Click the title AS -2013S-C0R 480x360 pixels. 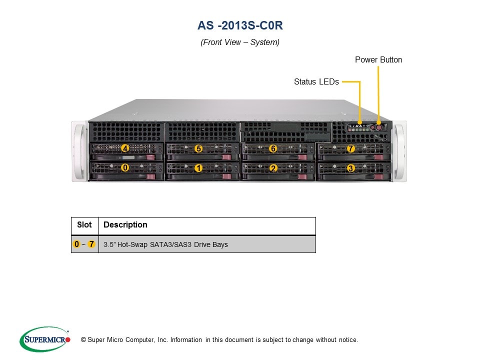(240, 25)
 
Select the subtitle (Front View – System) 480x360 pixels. (240, 42)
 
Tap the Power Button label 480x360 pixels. (378, 60)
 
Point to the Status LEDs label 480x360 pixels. (316, 81)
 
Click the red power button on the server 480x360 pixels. (378, 127)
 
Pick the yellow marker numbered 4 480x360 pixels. (125, 148)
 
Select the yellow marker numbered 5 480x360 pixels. (198, 148)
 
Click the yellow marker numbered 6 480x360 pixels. (273, 148)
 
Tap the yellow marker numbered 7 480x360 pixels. (350, 148)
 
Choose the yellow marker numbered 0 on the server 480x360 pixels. (125, 168)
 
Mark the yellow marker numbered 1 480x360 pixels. (198, 168)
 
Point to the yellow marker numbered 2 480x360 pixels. (273, 168)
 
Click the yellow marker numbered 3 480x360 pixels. (350, 168)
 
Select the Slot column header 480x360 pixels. (84, 225)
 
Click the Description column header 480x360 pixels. (125, 225)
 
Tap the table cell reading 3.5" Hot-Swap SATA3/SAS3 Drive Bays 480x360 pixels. (165, 244)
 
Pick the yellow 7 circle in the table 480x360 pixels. (91, 244)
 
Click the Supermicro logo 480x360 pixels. (44, 340)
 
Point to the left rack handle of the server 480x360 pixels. (79, 150)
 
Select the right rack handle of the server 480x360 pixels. (399, 150)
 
